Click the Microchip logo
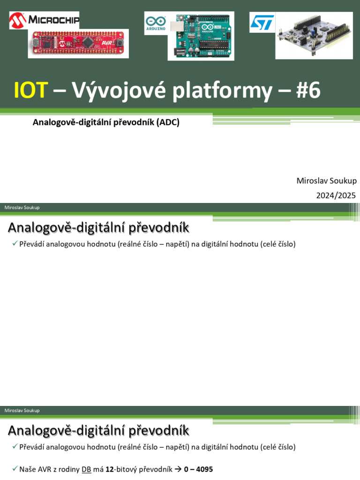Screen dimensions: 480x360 [x=44, y=20]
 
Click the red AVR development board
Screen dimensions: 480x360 [x=78, y=44]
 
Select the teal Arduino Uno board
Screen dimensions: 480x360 [x=201, y=37]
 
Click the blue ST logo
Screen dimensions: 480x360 [x=262, y=22]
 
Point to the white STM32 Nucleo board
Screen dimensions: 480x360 [x=314, y=36]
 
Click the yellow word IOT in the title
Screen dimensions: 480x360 [x=31, y=90]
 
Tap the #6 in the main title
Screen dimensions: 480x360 [x=308, y=90]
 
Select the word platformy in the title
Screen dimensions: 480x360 [x=222, y=90]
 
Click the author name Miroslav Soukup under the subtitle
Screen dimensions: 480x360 [x=326, y=181]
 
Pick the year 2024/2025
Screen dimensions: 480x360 [x=336, y=195]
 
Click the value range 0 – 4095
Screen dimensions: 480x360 [x=198, y=469]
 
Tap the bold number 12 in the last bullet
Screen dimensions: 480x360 [x=110, y=469]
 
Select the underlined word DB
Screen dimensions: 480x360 [x=86, y=469]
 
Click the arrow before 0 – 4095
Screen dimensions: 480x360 [x=178, y=469]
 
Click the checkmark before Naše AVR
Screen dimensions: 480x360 [x=15, y=469]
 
